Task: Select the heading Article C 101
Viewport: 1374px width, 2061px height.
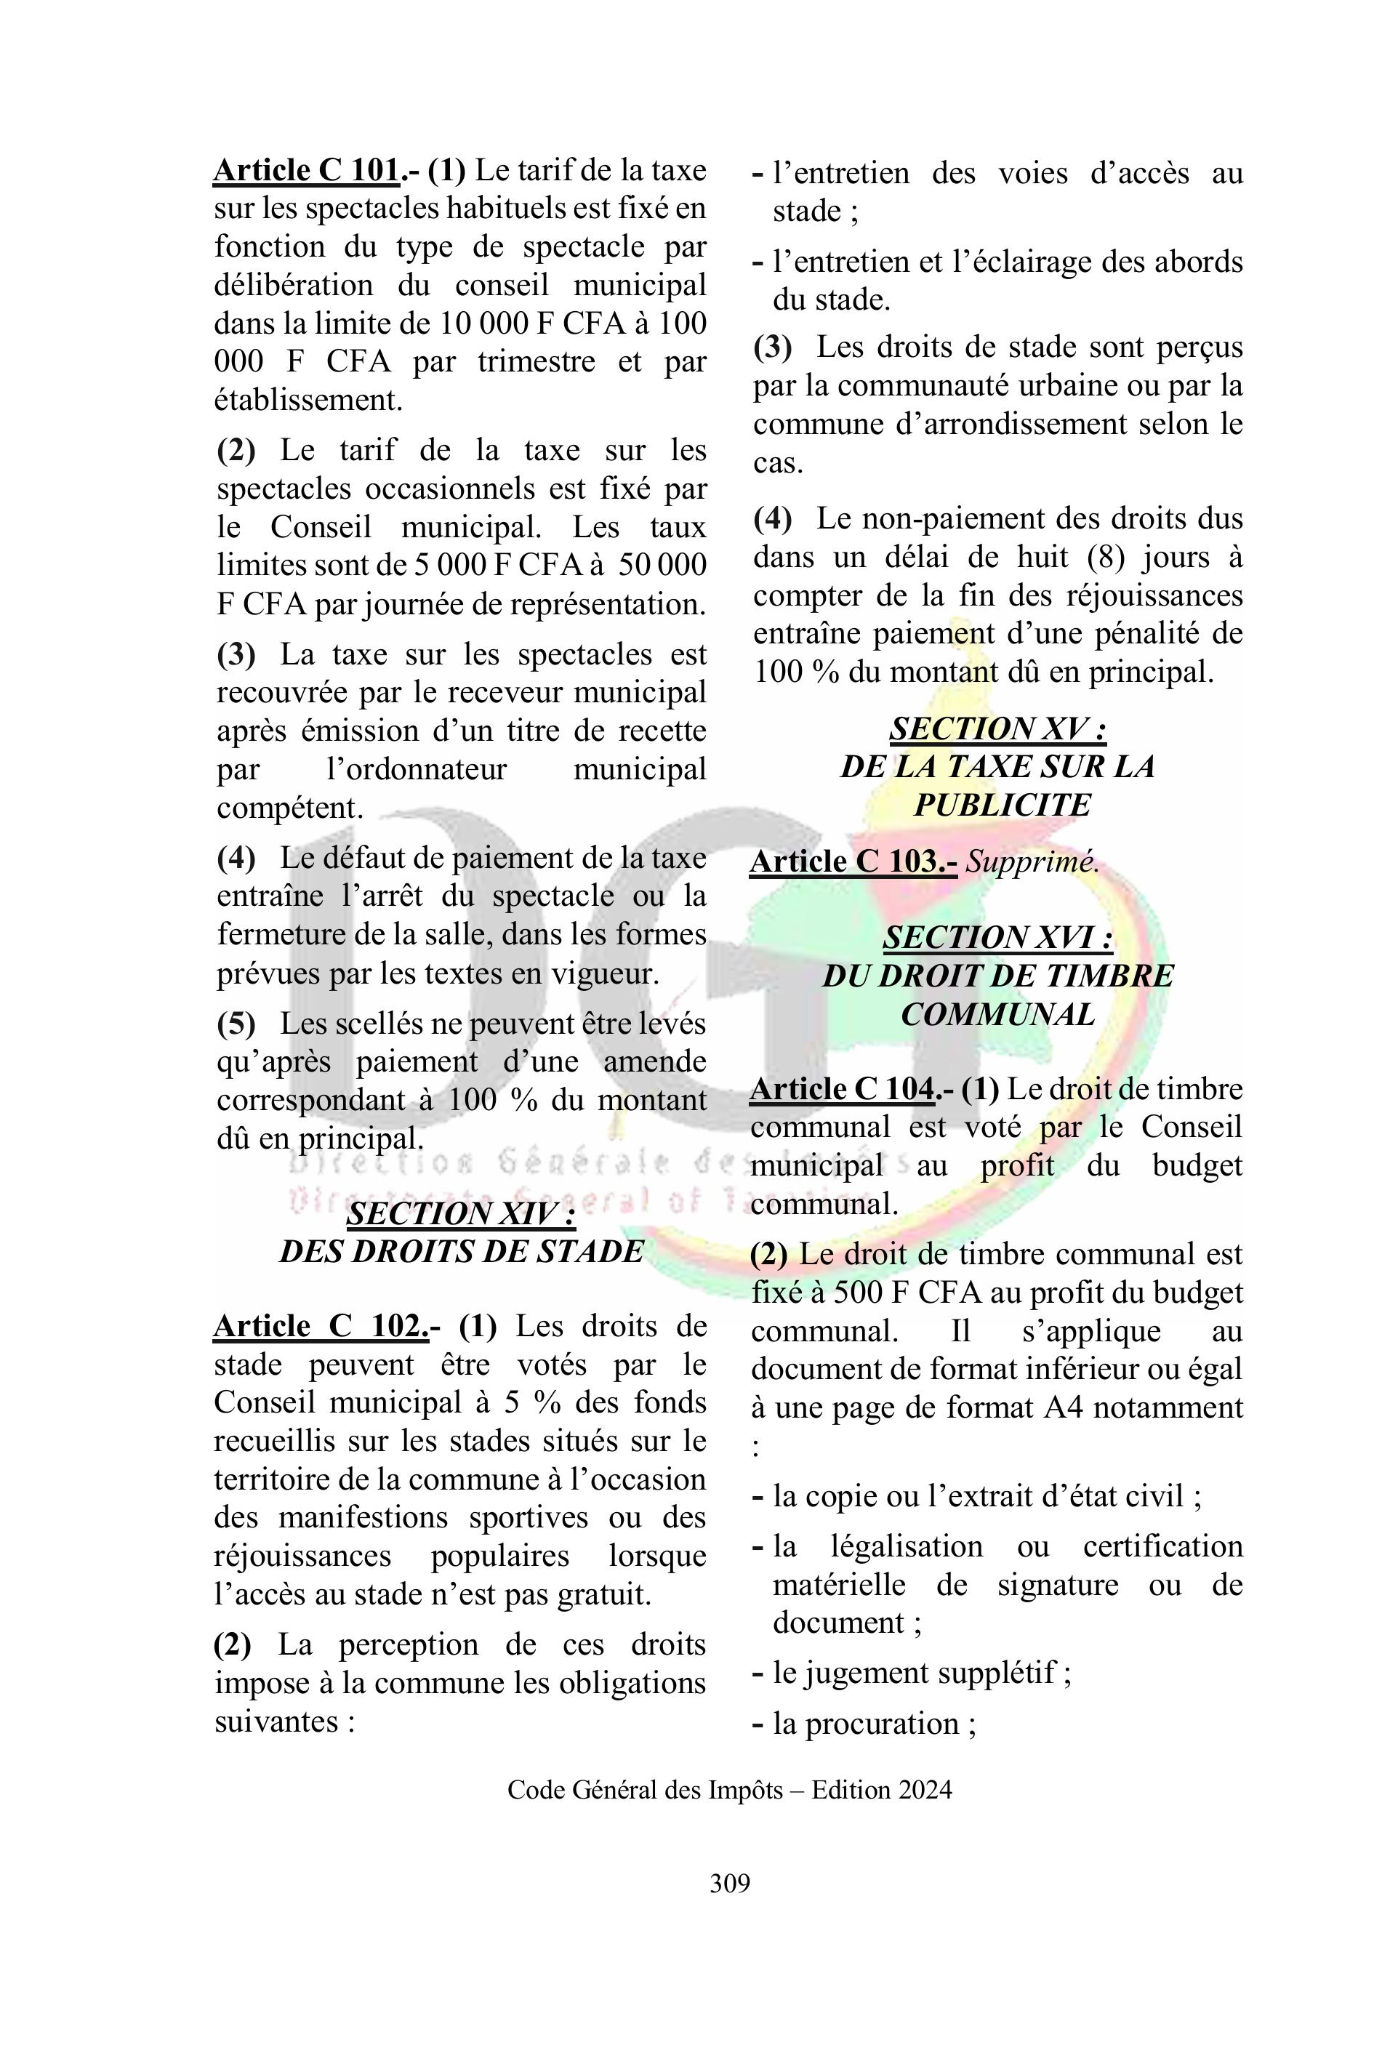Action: point(307,170)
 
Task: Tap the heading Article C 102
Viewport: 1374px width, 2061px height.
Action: point(321,1326)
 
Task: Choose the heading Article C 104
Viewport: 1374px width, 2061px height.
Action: point(842,1088)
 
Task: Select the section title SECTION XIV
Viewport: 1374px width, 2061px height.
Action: point(461,1213)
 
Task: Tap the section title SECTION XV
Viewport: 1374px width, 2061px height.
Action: point(997,728)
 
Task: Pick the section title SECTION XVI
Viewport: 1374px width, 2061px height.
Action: point(997,938)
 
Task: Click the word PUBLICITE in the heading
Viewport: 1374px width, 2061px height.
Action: point(1002,805)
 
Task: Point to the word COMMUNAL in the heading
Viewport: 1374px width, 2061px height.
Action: point(997,1014)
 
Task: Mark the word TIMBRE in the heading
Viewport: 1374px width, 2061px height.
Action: point(1111,976)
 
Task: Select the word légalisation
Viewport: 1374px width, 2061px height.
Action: point(906,1546)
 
